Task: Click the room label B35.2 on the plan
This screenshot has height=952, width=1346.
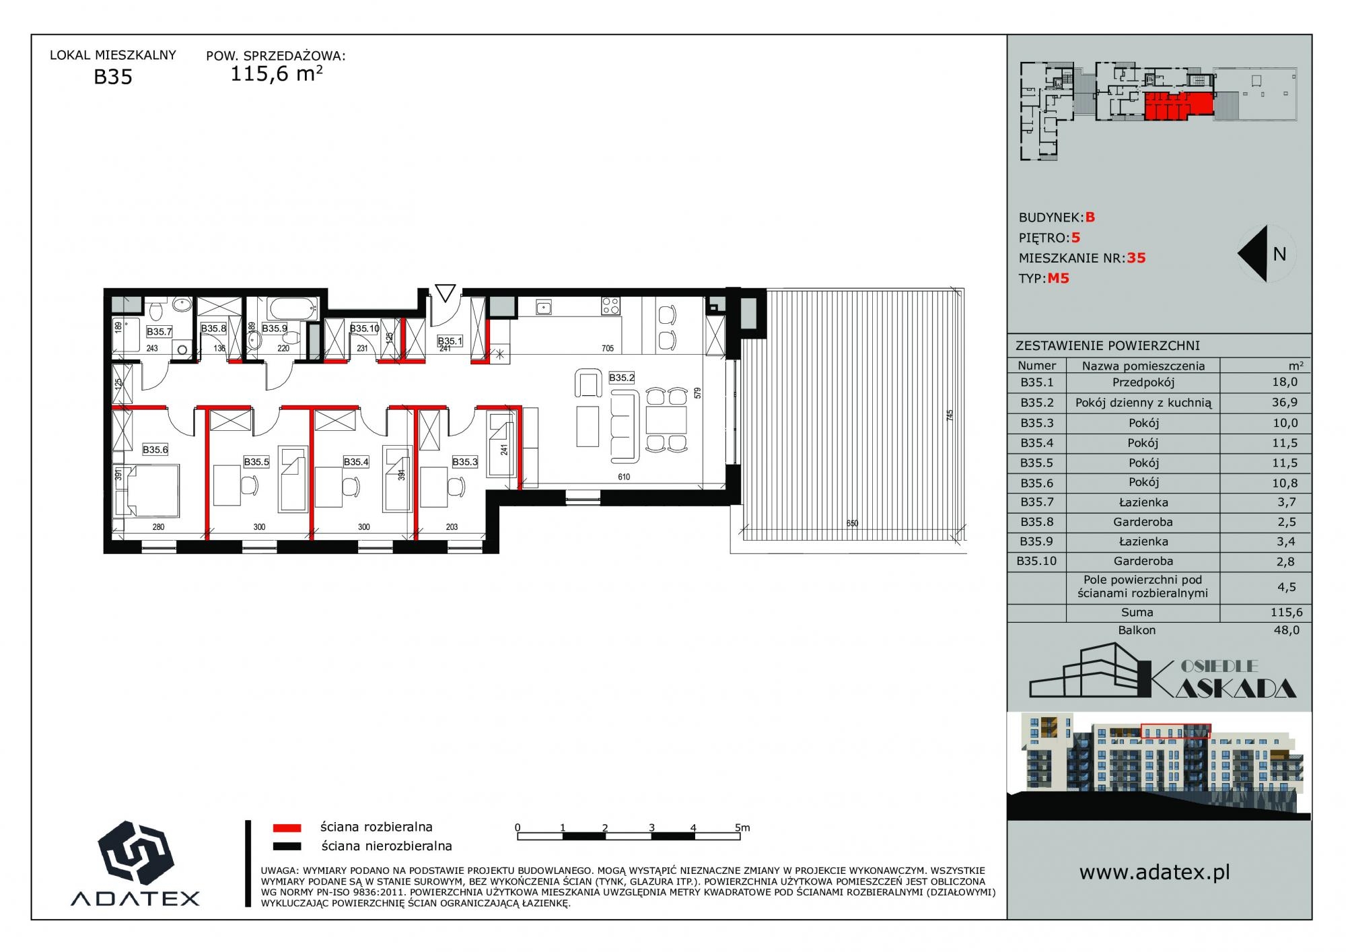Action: click(x=622, y=378)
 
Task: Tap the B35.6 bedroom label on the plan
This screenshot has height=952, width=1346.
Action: click(x=155, y=450)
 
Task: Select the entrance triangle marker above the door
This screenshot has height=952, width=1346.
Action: click(x=445, y=293)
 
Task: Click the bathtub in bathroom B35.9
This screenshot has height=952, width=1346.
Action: click(x=293, y=309)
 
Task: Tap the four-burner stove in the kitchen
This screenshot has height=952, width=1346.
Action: click(x=610, y=306)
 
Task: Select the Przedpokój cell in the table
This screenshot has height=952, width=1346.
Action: click(x=1143, y=382)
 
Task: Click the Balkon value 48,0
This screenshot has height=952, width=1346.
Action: click(x=1286, y=630)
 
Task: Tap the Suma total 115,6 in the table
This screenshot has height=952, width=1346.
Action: click(x=1285, y=612)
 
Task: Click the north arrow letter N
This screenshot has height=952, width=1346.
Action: click(x=1279, y=254)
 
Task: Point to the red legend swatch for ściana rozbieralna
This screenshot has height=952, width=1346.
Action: click(x=287, y=827)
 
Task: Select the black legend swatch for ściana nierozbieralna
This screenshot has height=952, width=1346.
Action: click(x=287, y=846)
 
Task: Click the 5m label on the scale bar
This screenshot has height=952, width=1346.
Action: click(x=742, y=827)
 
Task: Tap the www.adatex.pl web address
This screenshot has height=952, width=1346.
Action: click(x=1154, y=873)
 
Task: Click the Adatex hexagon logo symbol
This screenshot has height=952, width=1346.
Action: click(x=135, y=853)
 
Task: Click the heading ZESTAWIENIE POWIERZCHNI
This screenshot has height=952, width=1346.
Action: click(x=1107, y=346)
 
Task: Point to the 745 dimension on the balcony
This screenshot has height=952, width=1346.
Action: click(x=950, y=415)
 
